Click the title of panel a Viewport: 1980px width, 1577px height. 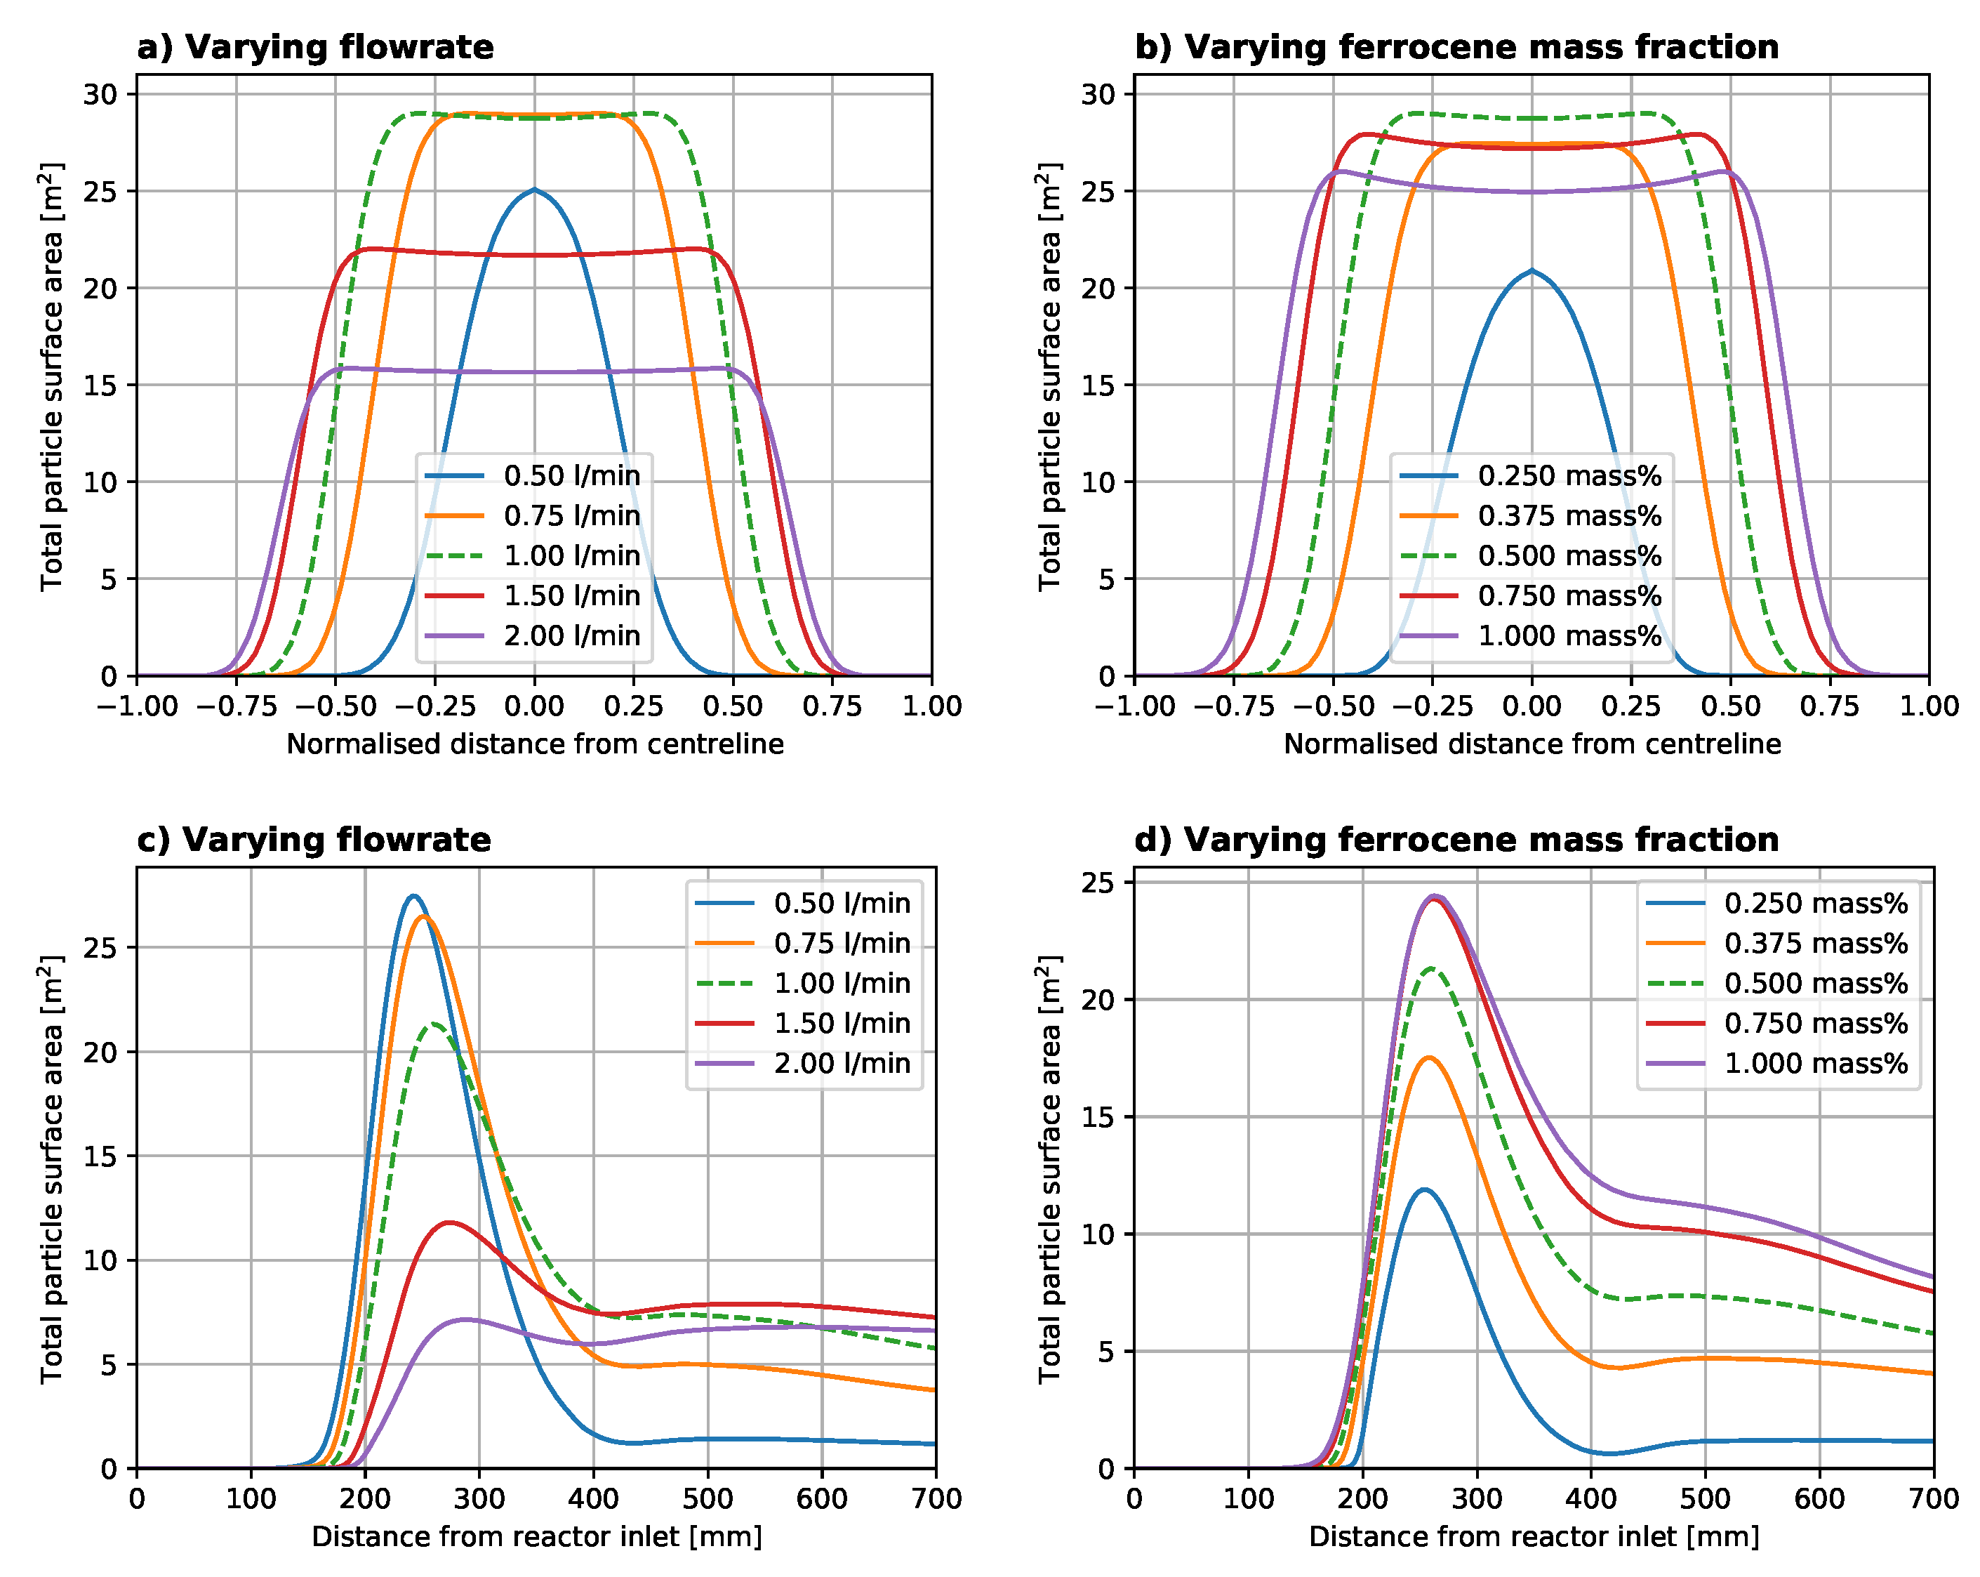click(x=315, y=47)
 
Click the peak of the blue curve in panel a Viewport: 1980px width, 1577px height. click(x=535, y=190)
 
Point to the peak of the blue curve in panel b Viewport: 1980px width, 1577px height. click(x=1531, y=271)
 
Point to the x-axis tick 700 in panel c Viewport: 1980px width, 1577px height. click(x=936, y=1499)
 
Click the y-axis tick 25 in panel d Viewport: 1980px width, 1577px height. click(x=1098, y=883)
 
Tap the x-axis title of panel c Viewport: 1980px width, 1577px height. click(x=536, y=1536)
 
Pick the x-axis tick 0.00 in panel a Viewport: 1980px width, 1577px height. click(x=535, y=706)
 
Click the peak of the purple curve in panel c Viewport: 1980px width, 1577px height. click(x=465, y=1320)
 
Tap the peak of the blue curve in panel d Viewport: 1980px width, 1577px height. click(x=1424, y=1190)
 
